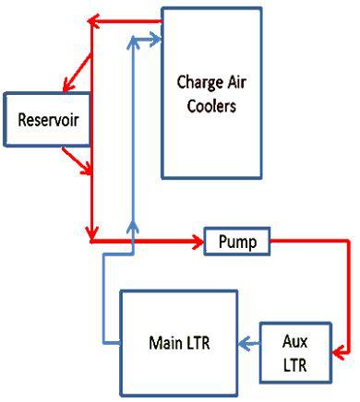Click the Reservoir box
click(x=47, y=119)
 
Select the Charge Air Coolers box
click(x=211, y=93)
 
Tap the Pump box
click(x=237, y=242)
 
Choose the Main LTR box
click(x=179, y=343)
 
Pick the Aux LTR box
click(x=295, y=353)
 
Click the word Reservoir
click(x=48, y=120)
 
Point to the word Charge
click(x=200, y=83)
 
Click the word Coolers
click(x=211, y=106)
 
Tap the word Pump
click(x=237, y=242)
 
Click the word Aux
click(x=294, y=341)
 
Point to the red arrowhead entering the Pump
click(x=198, y=242)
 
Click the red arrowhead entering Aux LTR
click(x=338, y=353)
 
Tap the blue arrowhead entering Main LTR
click(x=244, y=343)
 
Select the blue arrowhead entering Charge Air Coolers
click(x=155, y=40)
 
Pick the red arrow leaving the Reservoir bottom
click(x=77, y=161)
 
